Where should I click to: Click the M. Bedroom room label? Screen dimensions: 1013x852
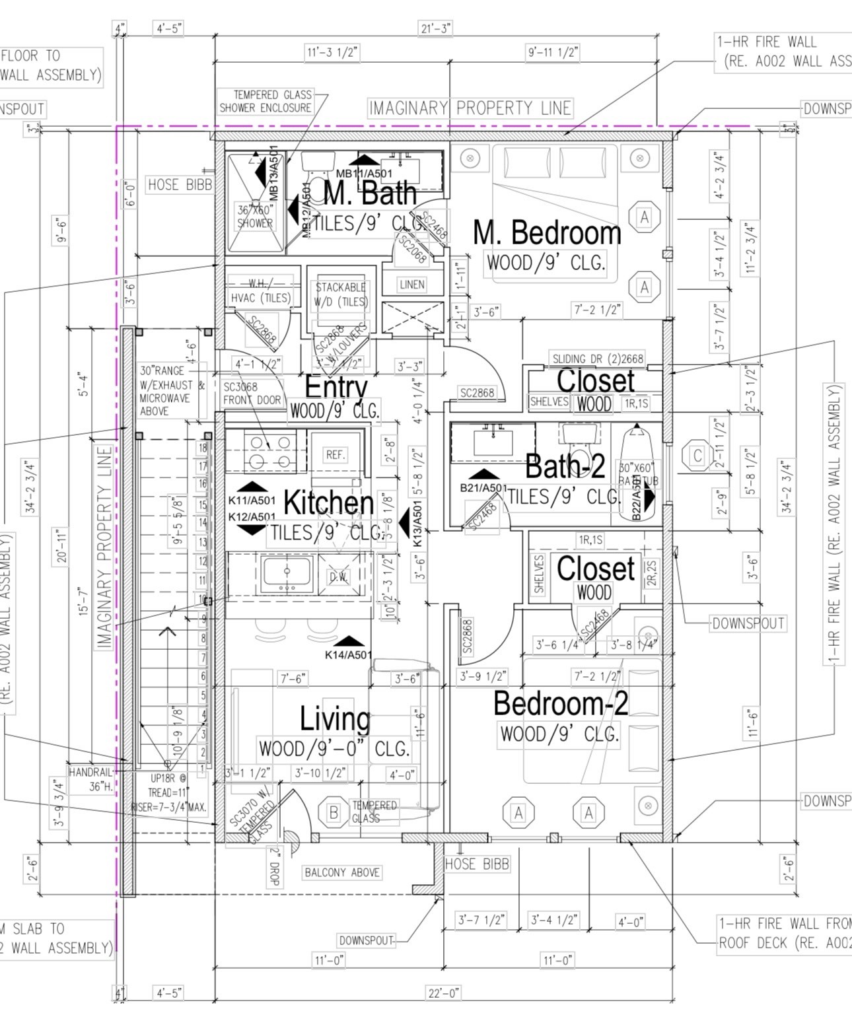(x=547, y=232)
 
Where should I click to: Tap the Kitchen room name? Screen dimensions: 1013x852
(x=328, y=503)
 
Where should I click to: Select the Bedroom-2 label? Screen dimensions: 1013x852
(x=560, y=703)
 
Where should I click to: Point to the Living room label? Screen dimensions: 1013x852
(x=335, y=718)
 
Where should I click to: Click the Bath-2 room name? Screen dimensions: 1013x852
(x=565, y=466)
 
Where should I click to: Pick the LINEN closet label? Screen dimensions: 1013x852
(x=411, y=284)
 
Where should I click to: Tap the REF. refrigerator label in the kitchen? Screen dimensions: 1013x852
(x=336, y=454)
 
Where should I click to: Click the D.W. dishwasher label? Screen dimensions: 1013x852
(x=339, y=576)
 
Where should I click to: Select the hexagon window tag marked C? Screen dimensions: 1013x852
(x=697, y=456)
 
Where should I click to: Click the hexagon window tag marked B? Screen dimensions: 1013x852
(x=334, y=812)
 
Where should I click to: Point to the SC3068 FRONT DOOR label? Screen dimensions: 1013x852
(x=252, y=394)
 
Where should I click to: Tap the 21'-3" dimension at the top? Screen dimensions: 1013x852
(x=436, y=28)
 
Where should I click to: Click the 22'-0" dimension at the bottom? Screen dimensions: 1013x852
(x=443, y=993)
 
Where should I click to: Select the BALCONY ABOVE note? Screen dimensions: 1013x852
(x=342, y=872)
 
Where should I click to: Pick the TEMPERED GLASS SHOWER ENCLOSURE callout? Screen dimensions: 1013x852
(x=266, y=101)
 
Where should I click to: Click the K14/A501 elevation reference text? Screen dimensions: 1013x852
(x=348, y=655)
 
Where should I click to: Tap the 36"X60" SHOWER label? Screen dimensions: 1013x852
(x=255, y=217)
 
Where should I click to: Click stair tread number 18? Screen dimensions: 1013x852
(x=203, y=448)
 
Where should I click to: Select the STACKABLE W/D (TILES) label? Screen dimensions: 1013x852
(x=341, y=295)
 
